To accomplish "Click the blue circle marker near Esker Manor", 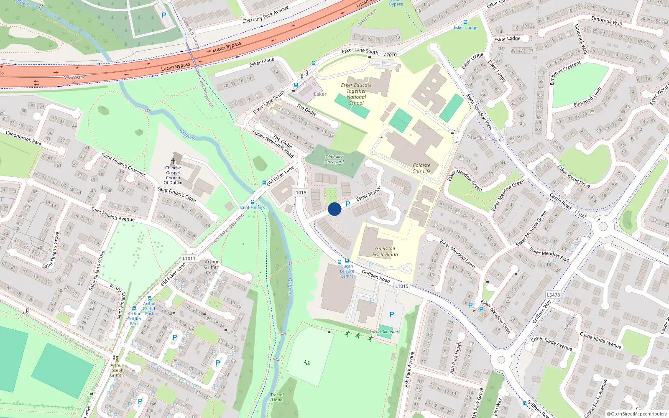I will click(x=334, y=209).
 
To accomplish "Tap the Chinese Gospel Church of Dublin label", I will click(x=173, y=175).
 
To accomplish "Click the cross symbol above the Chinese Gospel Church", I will click(x=173, y=161).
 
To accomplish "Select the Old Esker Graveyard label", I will click(x=334, y=159).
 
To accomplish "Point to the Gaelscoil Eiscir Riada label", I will click(x=385, y=251).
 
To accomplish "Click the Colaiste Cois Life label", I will click(x=421, y=168).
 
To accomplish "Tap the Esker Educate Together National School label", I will click(x=356, y=94).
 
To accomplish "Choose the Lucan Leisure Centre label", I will click(x=347, y=271).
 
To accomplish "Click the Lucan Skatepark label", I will click(x=385, y=332).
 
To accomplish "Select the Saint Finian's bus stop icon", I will click(x=252, y=202).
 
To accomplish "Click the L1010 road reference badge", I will click(x=390, y=55).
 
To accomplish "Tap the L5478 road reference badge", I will click(x=553, y=295).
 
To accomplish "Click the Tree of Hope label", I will click(x=277, y=397).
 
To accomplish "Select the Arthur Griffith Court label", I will click(x=212, y=267).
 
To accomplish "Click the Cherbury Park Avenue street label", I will click(x=266, y=15).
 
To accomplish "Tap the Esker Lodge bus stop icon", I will click(x=465, y=22).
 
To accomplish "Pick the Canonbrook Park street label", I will click(x=23, y=138).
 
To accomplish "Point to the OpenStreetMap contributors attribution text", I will click(x=637, y=414).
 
